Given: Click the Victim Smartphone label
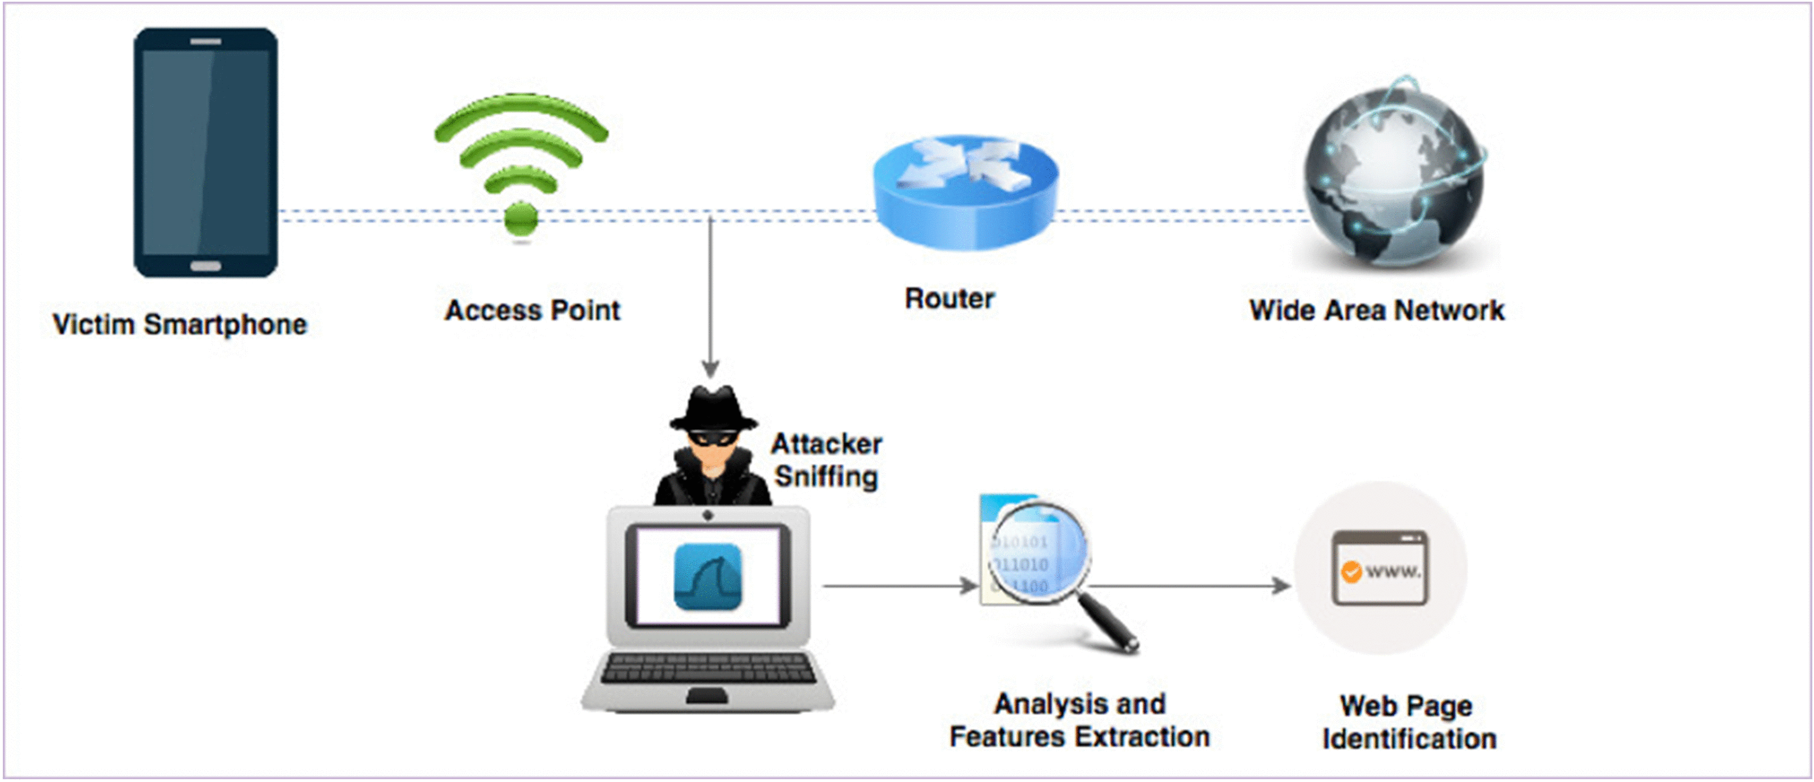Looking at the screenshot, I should pos(180,325).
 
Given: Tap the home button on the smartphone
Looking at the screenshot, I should pos(206,266).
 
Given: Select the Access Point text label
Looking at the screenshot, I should pos(532,310).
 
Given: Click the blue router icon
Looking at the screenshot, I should pos(965,192).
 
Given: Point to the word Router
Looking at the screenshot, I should pos(949,299).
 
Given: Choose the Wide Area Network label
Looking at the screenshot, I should pos(1377,310).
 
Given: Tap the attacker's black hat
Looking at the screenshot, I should pos(712,408).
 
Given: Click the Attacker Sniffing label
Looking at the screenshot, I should pos(826,460).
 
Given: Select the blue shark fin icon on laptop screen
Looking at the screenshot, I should pos(708,577).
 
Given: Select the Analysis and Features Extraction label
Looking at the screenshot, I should pos(1079,720).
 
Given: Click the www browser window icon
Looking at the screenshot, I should pos(1380,568).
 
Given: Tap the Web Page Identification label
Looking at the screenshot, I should pos(1409,722).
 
